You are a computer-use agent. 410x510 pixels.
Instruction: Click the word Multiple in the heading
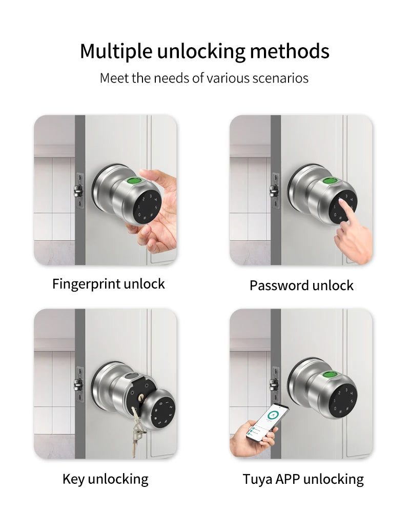click(116, 51)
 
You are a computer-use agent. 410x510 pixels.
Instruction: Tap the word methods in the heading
click(290, 51)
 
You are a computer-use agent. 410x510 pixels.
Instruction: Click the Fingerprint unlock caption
click(109, 284)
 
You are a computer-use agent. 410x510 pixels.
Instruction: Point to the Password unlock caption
click(301, 285)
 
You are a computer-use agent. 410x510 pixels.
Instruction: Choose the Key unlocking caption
click(106, 479)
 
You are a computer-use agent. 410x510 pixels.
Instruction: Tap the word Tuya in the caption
click(257, 479)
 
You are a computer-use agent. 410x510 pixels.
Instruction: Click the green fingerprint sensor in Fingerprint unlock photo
click(134, 181)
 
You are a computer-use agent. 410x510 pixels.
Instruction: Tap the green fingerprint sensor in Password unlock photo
click(330, 181)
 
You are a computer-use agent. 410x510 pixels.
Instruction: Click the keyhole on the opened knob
click(141, 397)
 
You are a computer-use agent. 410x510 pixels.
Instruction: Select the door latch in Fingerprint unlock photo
click(78, 190)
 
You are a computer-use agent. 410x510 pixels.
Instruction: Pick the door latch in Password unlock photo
click(274, 190)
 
